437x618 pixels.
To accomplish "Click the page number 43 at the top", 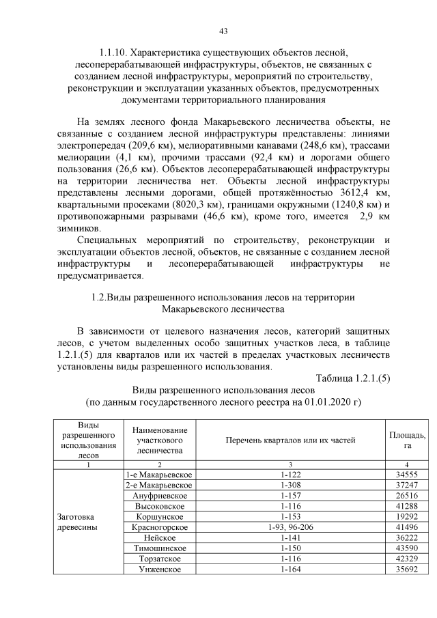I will pos(223,31).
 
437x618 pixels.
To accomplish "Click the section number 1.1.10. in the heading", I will pos(111,53).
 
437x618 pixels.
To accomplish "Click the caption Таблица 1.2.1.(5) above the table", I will pos(352,379).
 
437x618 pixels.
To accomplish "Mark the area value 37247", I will pos(407,485).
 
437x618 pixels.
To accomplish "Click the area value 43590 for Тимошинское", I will pos(407,548).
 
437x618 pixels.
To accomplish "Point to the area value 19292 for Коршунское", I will pos(407,516).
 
